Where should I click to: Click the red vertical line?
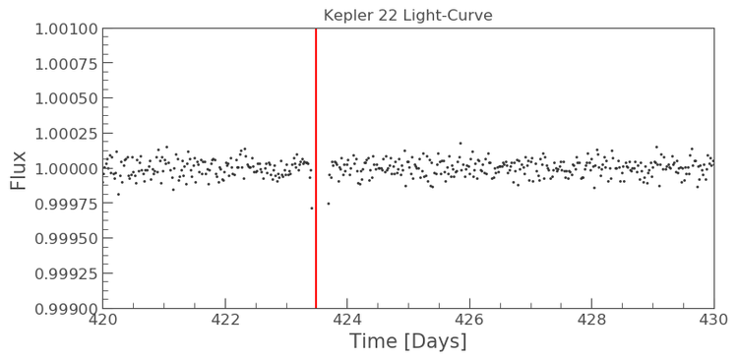316,167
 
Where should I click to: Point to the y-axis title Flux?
18,168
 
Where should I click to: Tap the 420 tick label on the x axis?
102,319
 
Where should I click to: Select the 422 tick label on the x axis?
225,319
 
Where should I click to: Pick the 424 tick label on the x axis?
347,319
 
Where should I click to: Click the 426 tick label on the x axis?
469,319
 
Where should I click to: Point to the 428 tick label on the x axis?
591,319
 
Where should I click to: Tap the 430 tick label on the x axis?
712,319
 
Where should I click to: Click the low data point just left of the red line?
312,208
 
